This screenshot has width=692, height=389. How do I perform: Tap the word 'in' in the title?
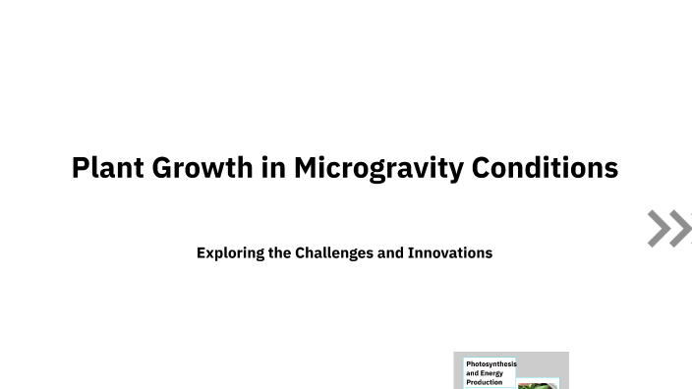coord(273,168)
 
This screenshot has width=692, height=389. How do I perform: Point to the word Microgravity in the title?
coord(378,168)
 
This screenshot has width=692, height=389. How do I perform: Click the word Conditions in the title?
coord(545,168)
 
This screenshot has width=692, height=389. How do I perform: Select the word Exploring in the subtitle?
coord(230,253)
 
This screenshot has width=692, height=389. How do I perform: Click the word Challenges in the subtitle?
coord(334,252)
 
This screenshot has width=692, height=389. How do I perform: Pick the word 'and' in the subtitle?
coord(390,252)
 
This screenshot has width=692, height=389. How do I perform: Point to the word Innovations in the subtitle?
coord(450,252)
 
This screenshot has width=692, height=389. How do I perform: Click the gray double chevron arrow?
coord(668,228)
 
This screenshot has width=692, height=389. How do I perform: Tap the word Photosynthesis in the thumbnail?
coord(490,364)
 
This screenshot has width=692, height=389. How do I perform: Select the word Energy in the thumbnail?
coord(492,373)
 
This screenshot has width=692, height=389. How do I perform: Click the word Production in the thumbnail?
coord(484,382)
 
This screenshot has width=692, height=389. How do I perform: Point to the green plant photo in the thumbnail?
coord(537,385)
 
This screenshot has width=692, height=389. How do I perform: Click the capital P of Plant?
coord(81,168)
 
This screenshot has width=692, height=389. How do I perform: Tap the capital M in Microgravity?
coord(306,168)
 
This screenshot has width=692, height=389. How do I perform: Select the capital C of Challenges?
coord(301,252)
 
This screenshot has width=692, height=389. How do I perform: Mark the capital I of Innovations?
coord(411,252)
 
